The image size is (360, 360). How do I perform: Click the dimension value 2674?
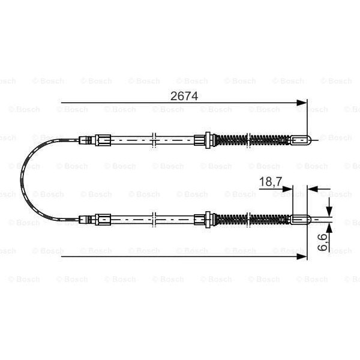[184, 95]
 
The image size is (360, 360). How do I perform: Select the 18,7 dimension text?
[269, 182]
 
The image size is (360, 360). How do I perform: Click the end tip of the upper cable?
[301, 140]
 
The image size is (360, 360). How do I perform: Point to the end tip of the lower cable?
[301, 220]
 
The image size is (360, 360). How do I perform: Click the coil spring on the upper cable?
[252, 140]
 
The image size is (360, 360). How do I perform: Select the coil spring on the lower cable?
[252, 220]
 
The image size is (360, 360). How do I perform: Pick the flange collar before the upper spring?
[208, 140]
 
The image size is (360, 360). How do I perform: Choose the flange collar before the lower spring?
[208, 220]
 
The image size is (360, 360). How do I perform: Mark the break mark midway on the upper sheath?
[155, 140]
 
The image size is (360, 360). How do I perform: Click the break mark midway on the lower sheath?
[155, 220]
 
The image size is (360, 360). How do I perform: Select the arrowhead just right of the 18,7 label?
[287, 188]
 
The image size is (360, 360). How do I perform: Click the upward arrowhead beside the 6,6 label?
[329, 228]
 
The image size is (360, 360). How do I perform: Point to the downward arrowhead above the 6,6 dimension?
[329, 210]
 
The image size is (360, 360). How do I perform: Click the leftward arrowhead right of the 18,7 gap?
[311, 188]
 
